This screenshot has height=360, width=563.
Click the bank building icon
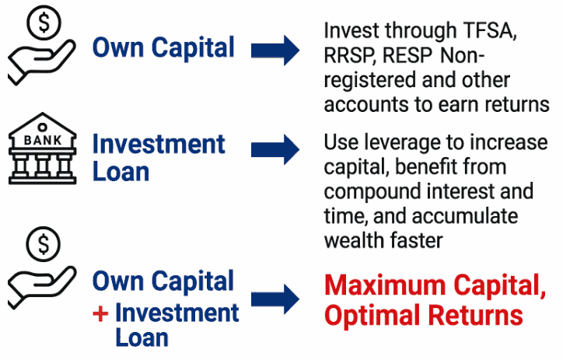pos(42,149)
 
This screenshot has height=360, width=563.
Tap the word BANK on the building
pos(43,140)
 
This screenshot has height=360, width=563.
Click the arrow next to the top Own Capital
pos(275,51)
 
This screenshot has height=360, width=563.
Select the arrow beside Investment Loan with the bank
pos(275,149)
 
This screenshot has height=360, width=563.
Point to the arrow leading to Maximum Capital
pos(275,299)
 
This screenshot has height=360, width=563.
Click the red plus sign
pos(100,313)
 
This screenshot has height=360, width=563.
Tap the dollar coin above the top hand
pos(44,23)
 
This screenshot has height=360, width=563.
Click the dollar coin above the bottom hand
pos(43,244)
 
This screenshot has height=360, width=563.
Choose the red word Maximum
pos(385,285)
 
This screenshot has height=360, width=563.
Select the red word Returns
pos(475,315)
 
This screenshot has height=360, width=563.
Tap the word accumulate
pos(464,216)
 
